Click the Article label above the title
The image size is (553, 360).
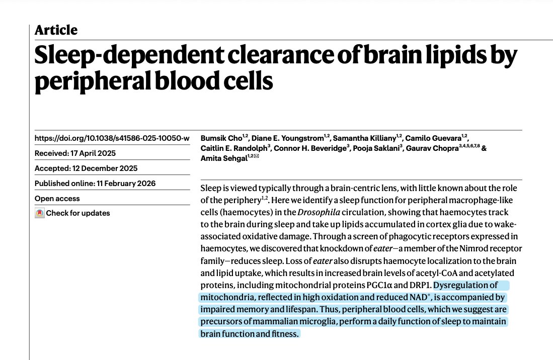click(x=56, y=30)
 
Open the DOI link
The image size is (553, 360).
click(x=112, y=138)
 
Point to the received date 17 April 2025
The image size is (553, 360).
click(x=93, y=153)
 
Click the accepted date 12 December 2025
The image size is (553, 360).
click(x=105, y=168)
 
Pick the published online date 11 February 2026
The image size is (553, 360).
click(x=126, y=184)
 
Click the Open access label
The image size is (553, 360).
click(x=57, y=199)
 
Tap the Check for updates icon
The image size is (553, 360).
click(x=39, y=213)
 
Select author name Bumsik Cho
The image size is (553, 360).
click(x=221, y=138)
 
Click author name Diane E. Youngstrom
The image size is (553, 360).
click(x=287, y=138)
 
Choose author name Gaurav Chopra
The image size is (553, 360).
click(x=432, y=148)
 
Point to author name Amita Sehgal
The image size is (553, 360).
click(x=224, y=158)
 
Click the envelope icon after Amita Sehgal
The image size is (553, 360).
click(x=256, y=156)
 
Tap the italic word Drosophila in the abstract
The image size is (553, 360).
click(x=319, y=212)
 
